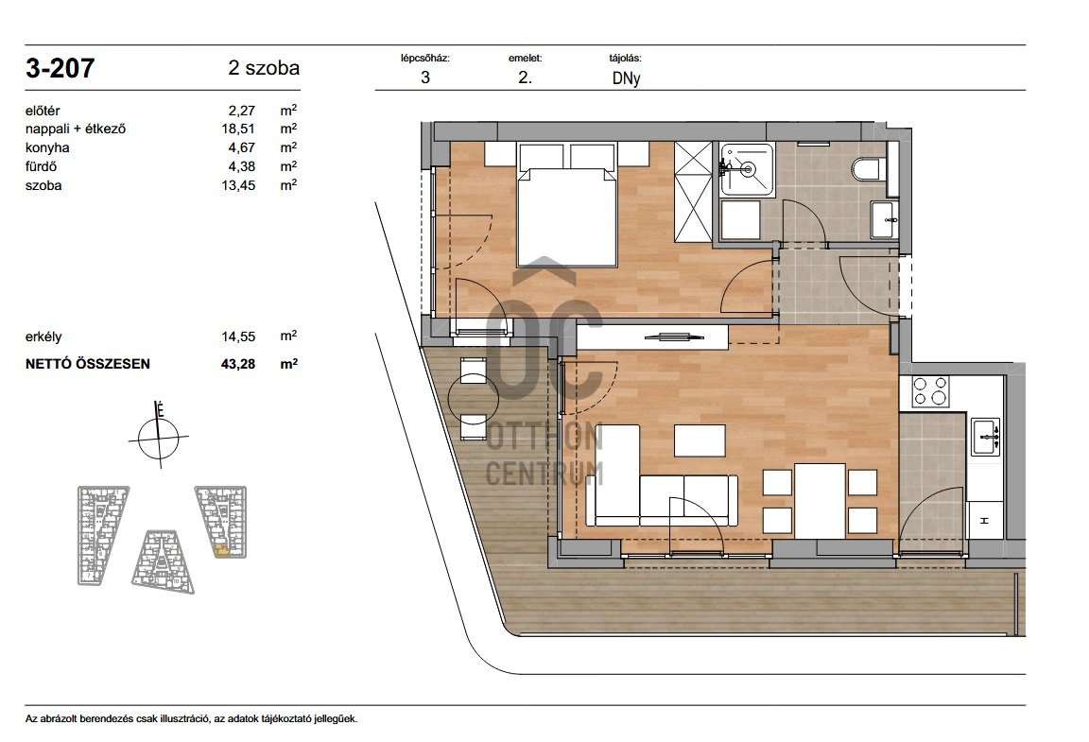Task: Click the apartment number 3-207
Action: coord(60,68)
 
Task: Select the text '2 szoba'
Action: coord(264,68)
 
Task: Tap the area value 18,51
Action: coord(238,129)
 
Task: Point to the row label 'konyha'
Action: coord(47,147)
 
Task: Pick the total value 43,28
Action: coord(238,363)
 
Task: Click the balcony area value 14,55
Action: coord(238,336)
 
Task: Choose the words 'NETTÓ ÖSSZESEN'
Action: coord(88,363)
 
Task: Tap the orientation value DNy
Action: coord(626,78)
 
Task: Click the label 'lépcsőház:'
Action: coord(425,59)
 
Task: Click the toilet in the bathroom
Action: coord(868,168)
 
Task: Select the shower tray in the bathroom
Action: coord(747,169)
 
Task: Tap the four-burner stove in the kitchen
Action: coord(930,391)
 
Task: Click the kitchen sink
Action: coord(985,437)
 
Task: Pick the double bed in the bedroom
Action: coord(567,205)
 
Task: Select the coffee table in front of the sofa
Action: coord(700,440)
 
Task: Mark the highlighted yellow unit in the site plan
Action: coord(222,550)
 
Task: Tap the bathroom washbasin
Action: coord(884,219)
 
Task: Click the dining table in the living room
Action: coord(821,501)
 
